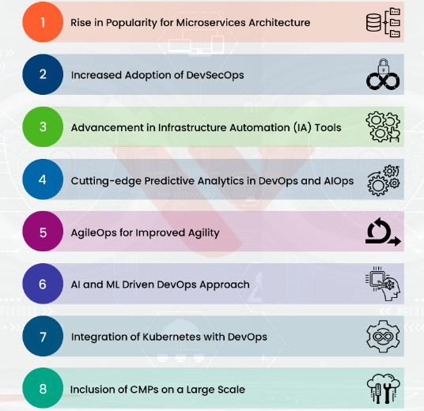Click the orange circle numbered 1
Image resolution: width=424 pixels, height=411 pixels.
pos(43,22)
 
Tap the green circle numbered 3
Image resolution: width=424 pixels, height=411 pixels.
pos(43,126)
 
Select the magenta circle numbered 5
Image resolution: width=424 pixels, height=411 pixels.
pos(43,232)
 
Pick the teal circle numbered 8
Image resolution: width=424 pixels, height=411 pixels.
pos(43,388)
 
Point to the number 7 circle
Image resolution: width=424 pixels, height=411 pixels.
pos(43,336)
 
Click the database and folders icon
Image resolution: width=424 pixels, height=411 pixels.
pos(383,22)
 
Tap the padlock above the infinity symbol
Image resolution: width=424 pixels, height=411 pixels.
pos(383,66)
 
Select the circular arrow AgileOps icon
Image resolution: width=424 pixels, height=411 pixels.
pos(383,232)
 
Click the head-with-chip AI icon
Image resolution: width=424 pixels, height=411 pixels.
pos(383,284)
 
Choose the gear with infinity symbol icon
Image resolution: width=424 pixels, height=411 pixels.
pos(383,337)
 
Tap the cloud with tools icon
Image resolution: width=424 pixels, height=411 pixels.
pos(383,389)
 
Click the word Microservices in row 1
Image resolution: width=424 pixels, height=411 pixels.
pos(211,23)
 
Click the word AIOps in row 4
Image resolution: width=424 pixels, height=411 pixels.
pos(339,181)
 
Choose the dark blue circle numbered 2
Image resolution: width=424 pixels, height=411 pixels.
pos(43,74)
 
